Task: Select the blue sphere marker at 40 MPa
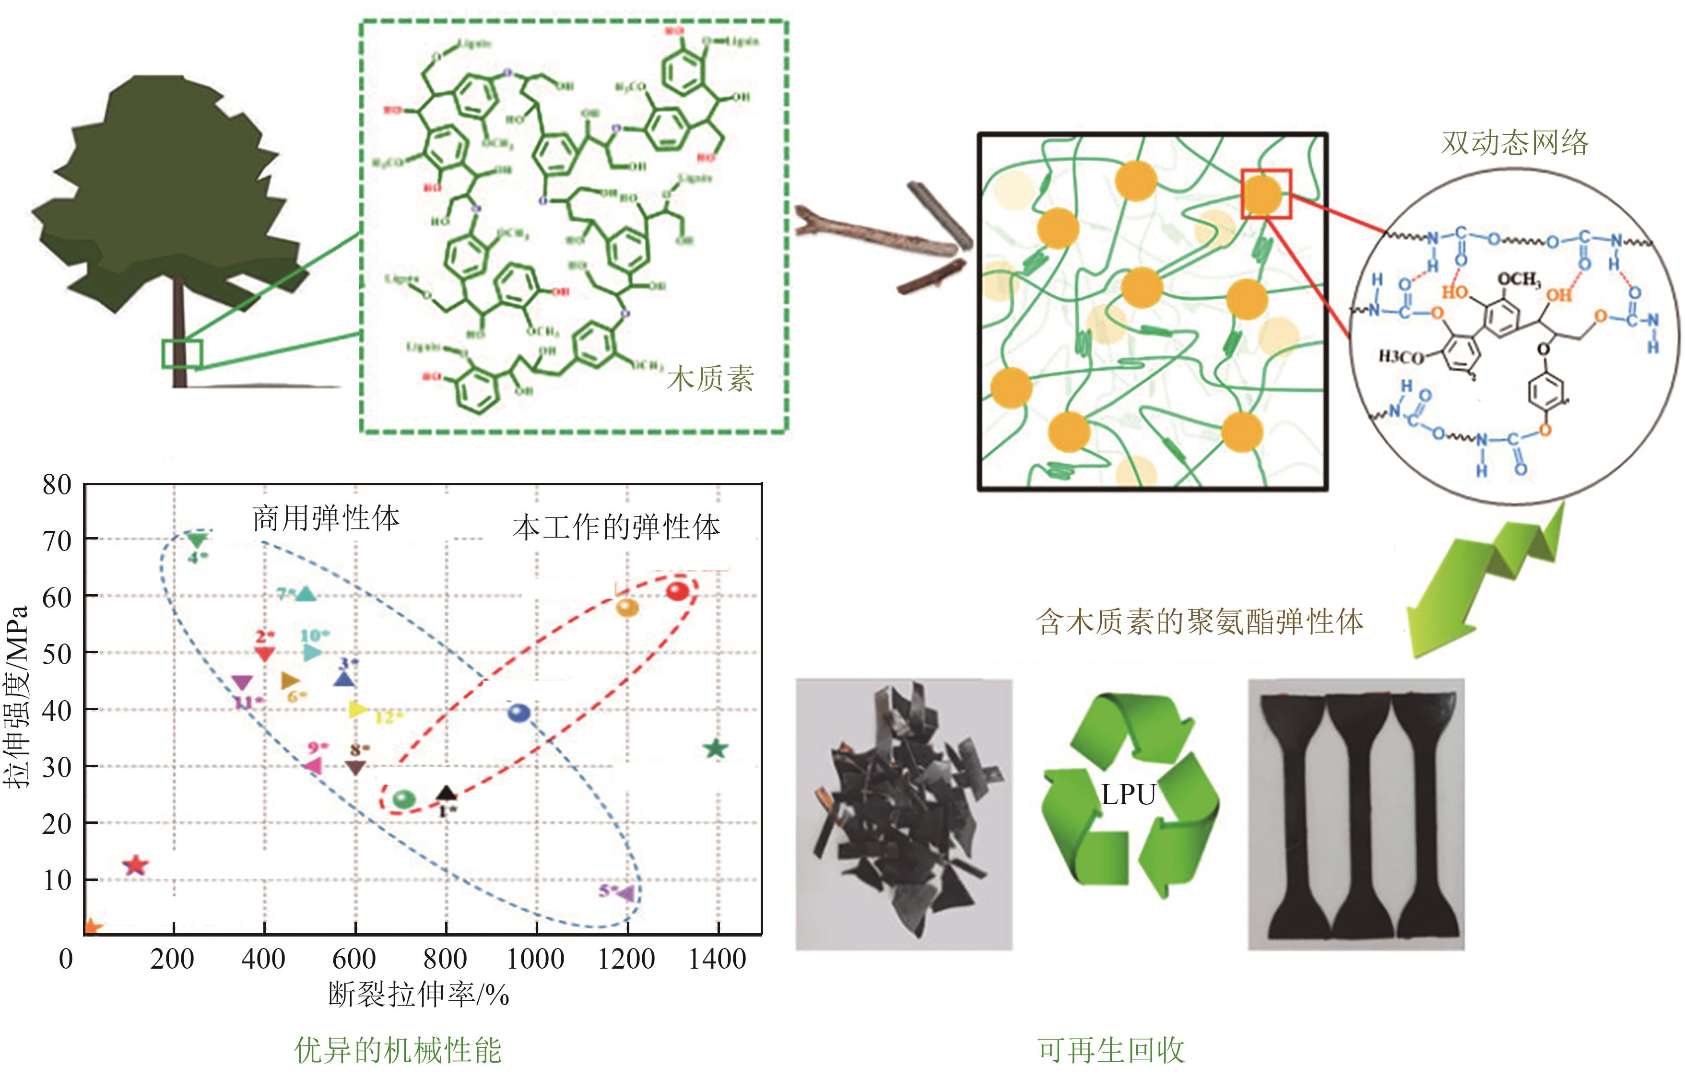(x=518, y=713)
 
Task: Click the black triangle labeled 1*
(x=446, y=793)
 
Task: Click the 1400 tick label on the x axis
(x=717, y=959)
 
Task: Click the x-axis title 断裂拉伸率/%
(x=419, y=995)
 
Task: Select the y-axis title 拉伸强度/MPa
(x=17, y=696)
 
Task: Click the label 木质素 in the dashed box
(x=710, y=379)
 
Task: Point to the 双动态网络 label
(x=1514, y=143)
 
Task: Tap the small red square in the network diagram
(x=1266, y=194)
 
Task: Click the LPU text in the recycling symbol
(x=1128, y=795)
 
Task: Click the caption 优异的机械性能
(x=398, y=1051)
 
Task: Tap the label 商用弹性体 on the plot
(x=326, y=519)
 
